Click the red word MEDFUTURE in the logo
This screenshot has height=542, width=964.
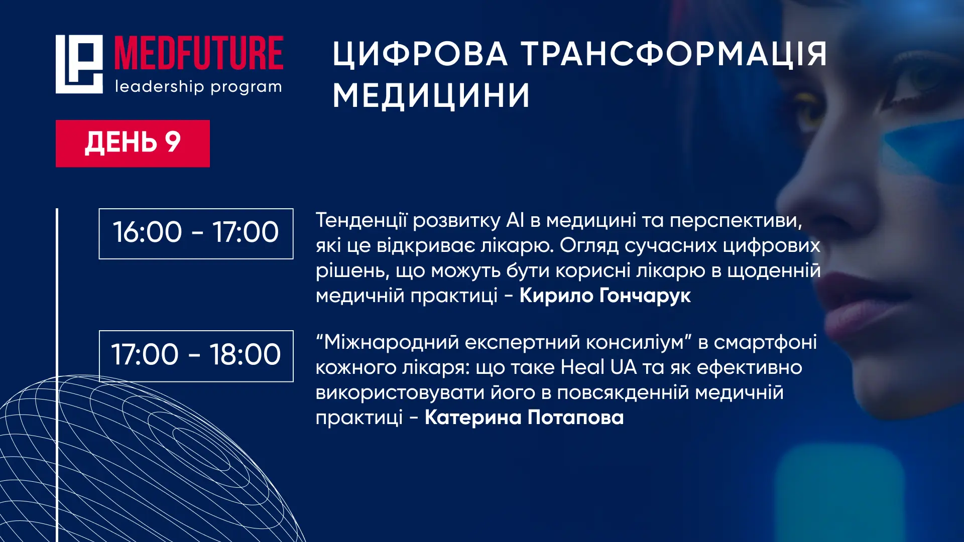(x=199, y=53)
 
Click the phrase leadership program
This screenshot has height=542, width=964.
(x=198, y=87)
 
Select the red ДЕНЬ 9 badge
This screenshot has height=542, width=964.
(x=133, y=143)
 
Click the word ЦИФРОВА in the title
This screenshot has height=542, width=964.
(x=420, y=54)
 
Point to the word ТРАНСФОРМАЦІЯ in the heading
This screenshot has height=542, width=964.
(x=674, y=53)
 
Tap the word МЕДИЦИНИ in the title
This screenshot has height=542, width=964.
(x=431, y=95)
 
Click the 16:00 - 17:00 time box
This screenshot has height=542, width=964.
(x=196, y=233)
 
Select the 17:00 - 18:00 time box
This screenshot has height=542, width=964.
(x=196, y=356)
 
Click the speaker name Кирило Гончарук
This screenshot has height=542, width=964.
(x=605, y=296)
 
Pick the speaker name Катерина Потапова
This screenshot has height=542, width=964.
(x=524, y=418)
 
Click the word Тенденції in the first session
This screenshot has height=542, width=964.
(x=361, y=221)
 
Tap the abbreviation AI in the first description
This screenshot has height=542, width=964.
(x=515, y=220)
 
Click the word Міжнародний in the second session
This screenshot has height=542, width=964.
(x=391, y=342)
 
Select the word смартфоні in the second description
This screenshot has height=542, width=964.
(x=765, y=342)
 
